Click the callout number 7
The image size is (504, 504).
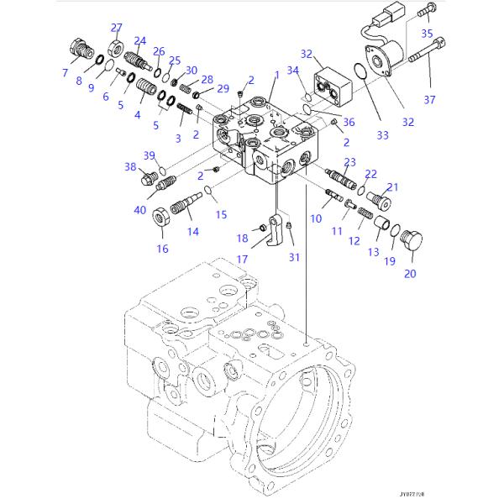point(65,73)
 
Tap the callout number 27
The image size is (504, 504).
point(117,28)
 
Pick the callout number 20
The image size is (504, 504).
point(410,272)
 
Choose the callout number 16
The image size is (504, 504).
point(162,248)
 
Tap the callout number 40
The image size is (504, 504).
point(139,210)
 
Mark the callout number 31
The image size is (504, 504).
point(292,256)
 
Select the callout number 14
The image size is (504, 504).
point(192,231)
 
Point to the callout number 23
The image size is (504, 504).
point(349,162)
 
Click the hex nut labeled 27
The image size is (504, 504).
point(117,45)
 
